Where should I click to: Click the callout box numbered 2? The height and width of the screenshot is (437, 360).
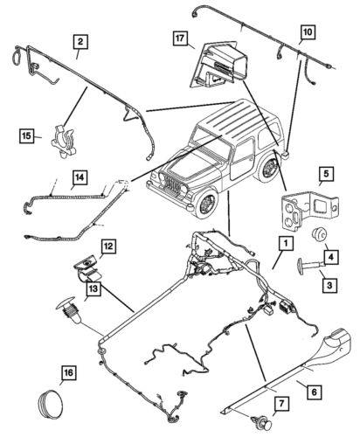80,41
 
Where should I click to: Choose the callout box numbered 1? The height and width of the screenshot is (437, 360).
286,241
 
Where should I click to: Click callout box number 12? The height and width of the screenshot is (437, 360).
108,246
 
